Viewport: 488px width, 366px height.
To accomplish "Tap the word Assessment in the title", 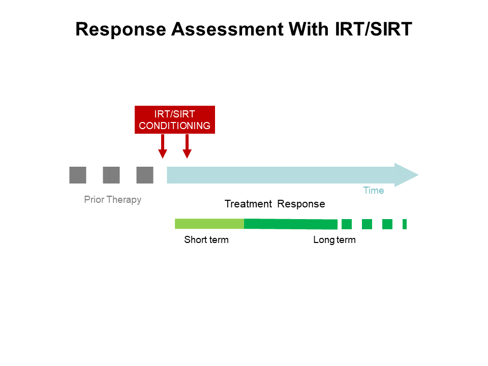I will tap(227, 29).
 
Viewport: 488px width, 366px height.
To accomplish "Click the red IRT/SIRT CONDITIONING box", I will tap(174, 120).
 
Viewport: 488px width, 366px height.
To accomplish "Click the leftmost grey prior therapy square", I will tap(78, 175).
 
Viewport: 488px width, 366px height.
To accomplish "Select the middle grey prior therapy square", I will tap(111, 175).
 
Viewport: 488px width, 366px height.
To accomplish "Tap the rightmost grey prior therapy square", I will tap(145, 175).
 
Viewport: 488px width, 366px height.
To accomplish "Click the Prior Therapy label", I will tap(112, 200).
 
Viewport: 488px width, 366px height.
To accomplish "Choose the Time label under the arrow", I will tap(373, 191).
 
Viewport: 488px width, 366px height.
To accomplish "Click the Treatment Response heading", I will tap(274, 204).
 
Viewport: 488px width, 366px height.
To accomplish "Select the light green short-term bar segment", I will tap(209, 224).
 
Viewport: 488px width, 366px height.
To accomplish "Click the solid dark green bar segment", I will tap(290, 224).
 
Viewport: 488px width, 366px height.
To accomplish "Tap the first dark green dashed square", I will tap(347, 224).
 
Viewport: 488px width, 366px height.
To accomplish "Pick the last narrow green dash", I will tap(405, 224).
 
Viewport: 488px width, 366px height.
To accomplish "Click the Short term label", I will tap(206, 240).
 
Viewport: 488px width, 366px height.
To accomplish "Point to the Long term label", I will tap(334, 240).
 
